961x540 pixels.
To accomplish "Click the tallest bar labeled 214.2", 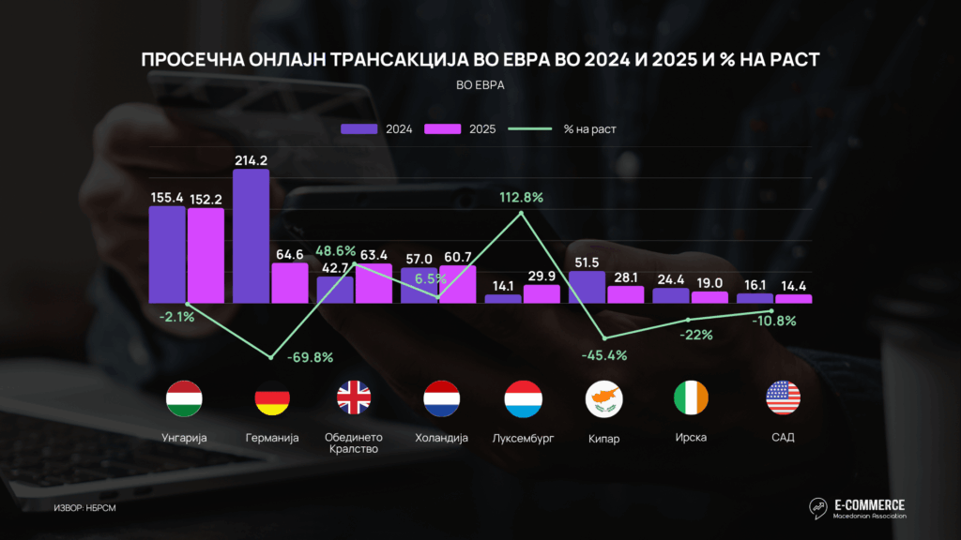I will pos(251,236).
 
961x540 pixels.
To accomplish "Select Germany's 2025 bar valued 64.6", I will pos(290,283).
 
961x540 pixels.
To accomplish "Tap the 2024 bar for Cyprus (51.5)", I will pos(587,287).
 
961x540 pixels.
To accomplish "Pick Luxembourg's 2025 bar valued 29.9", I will pos(542,294).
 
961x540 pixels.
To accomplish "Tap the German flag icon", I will pos(271,398).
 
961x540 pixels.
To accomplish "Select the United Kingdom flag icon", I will pos(354,398).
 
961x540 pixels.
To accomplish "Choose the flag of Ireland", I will pos(692,398).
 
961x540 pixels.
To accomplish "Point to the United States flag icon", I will pos(783,398).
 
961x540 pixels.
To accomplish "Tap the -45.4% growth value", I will pos(603,355).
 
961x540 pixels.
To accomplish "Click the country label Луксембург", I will pos(523,438).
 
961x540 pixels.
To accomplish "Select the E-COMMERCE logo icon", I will pos(818,507).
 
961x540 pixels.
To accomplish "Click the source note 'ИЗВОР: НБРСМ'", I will pos(84,508).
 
